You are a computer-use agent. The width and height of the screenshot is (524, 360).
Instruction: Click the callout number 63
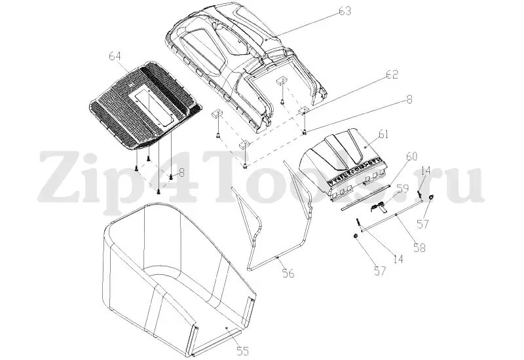[345, 11]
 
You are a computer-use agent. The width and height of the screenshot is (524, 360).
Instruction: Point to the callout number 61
[383, 135]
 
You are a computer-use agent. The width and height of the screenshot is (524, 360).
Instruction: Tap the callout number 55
[242, 351]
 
